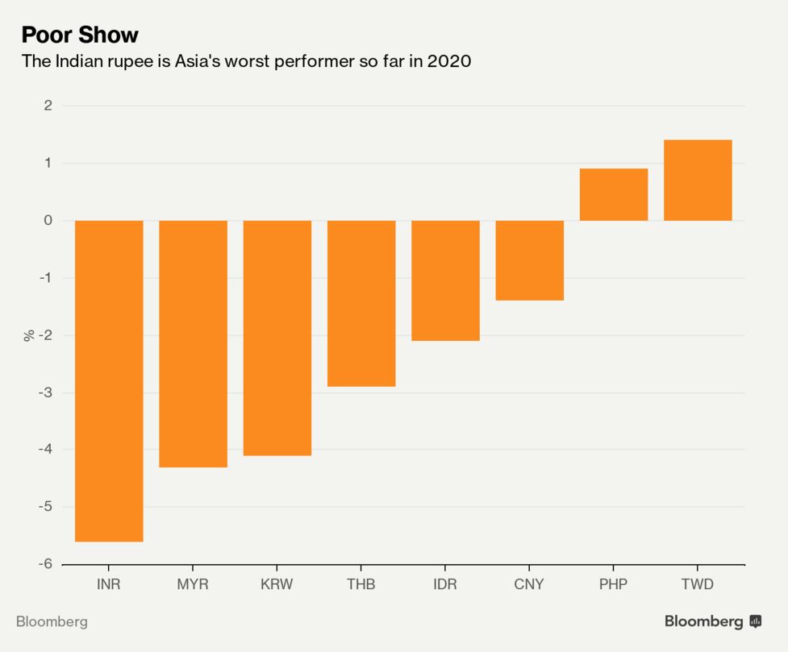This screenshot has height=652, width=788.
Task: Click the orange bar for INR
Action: tap(109, 380)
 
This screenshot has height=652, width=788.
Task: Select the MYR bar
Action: tap(193, 343)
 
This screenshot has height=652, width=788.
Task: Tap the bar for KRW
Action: tap(277, 338)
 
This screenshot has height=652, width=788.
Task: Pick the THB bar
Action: tap(361, 303)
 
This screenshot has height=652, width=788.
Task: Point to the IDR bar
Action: tap(445, 280)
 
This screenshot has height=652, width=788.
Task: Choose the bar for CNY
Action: tap(529, 260)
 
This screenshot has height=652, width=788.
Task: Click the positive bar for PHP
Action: tap(614, 194)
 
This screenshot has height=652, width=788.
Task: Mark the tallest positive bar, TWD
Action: tap(698, 181)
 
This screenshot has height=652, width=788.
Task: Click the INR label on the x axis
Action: tap(108, 584)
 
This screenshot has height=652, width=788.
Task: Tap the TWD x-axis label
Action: tap(698, 584)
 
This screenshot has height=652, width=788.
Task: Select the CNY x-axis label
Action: tap(529, 584)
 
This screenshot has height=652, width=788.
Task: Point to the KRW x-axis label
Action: tap(277, 584)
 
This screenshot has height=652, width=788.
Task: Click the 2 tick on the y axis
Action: tap(48, 106)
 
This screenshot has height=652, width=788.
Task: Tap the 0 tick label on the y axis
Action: tap(48, 220)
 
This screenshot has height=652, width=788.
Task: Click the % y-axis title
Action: tap(29, 335)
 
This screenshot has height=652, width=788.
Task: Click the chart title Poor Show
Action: tap(80, 35)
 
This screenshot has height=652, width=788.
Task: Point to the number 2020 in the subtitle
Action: tap(448, 61)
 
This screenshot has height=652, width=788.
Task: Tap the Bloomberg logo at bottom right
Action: tap(713, 621)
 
